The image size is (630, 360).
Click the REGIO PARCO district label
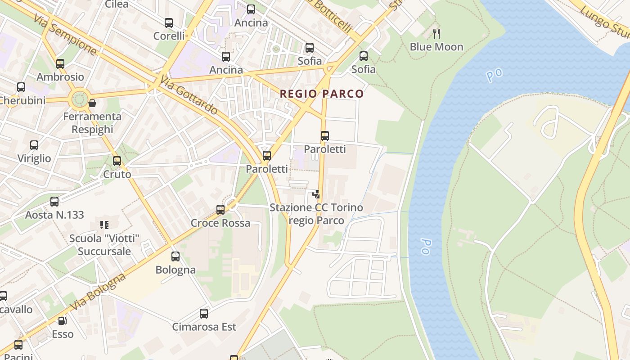pos(321,94)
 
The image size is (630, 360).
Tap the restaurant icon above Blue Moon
pos(436,34)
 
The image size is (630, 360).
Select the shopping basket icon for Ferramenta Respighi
pos(92,103)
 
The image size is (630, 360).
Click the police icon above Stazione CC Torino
pos(316,194)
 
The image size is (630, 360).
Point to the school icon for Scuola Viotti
pos(104,225)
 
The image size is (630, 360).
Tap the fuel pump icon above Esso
pos(63,321)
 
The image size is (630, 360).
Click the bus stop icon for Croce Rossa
pos(220,210)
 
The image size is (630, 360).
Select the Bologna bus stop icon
pos(175,256)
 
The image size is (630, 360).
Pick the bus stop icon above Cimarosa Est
pos(204,314)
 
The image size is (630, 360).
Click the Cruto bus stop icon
pos(117,161)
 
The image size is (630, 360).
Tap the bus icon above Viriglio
pos(34,145)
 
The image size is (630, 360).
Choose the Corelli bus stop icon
pos(169,23)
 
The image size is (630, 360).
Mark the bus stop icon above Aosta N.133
pos(54,202)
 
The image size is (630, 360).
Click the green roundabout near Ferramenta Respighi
pos(80,98)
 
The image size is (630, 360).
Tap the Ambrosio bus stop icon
pos(60,64)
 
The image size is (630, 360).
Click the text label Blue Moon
pos(436,47)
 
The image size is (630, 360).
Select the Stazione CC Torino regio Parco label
pos(316,214)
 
